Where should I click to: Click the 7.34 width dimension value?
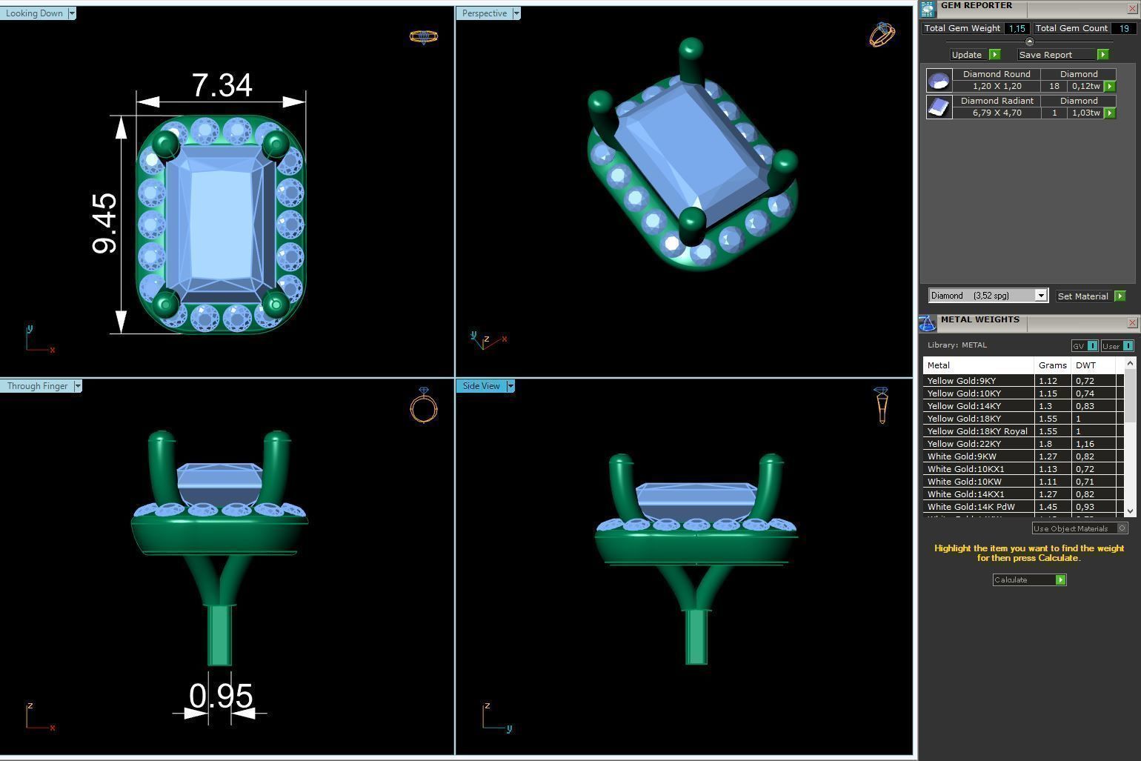222,86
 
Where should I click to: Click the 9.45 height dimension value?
105,223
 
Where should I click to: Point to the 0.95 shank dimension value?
221,697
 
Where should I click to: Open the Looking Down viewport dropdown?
72,13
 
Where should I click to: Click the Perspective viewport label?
484,13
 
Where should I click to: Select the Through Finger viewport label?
37,386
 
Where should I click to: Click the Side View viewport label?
481,386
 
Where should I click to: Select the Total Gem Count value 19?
1123,28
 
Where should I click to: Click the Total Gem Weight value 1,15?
1016,28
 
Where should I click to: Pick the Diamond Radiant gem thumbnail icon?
939,107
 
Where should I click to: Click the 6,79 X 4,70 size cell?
997,113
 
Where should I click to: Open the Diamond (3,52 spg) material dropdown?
1040,296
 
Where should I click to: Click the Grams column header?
1052,365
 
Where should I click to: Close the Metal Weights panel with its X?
1131,322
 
